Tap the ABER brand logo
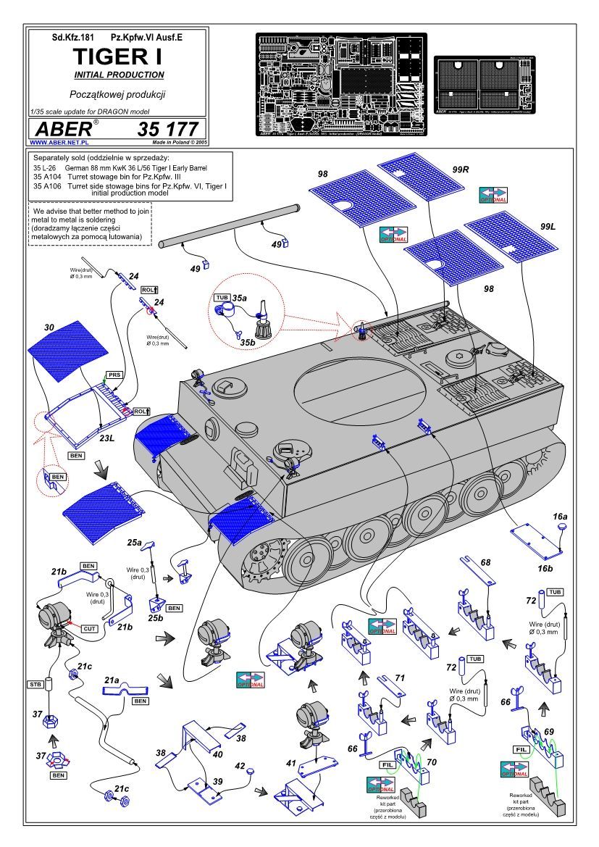click(61, 129)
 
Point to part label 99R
click(461, 170)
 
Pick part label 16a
click(560, 517)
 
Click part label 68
click(485, 562)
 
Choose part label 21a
click(112, 680)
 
